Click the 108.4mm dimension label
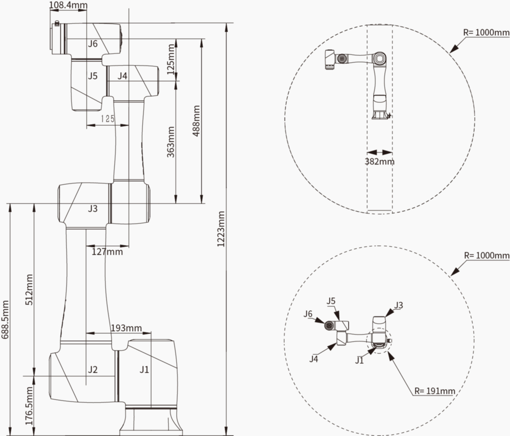click(x=68, y=5)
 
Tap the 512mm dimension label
click(x=30, y=289)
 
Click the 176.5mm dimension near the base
click(x=30, y=406)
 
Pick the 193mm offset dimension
click(x=126, y=328)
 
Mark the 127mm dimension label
click(x=107, y=251)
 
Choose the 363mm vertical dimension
click(x=171, y=141)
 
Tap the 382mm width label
click(x=380, y=161)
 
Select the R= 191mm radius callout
click(x=434, y=391)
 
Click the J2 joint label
click(x=93, y=370)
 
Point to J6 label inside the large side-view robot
click(x=93, y=44)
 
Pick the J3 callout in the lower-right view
click(x=398, y=305)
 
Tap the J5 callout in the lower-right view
click(x=331, y=301)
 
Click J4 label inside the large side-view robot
click(x=123, y=76)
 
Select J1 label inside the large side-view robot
click(x=144, y=370)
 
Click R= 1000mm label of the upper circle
click(x=486, y=33)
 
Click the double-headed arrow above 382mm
click(x=380, y=153)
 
